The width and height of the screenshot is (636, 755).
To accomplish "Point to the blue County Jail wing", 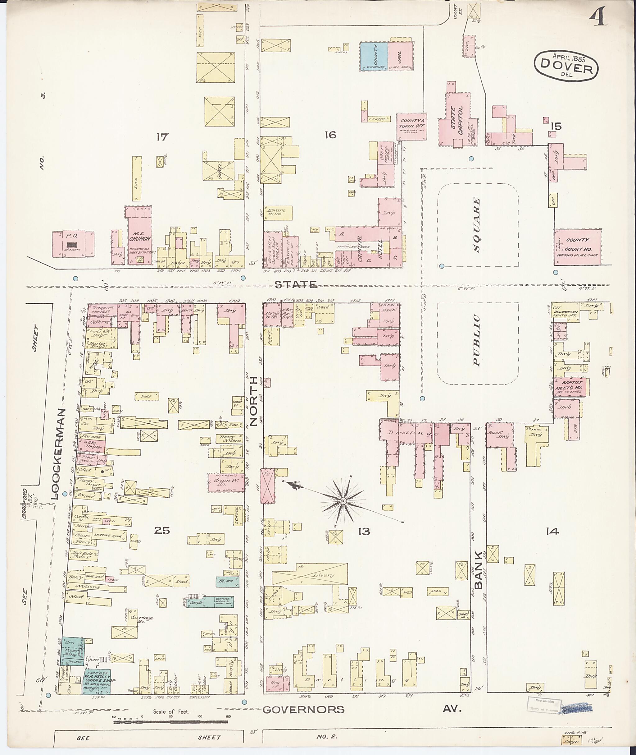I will [x=374, y=56].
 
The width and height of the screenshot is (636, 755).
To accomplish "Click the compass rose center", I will [x=343, y=502].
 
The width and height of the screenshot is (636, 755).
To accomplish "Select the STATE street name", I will [x=296, y=285].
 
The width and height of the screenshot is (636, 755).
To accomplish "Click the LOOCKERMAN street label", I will [x=60, y=454].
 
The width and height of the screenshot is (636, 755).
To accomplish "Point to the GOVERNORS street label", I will [x=303, y=710].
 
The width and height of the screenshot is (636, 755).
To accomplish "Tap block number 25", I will [x=161, y=530].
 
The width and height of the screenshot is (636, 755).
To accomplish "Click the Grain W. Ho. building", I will [x=226, y=482].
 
